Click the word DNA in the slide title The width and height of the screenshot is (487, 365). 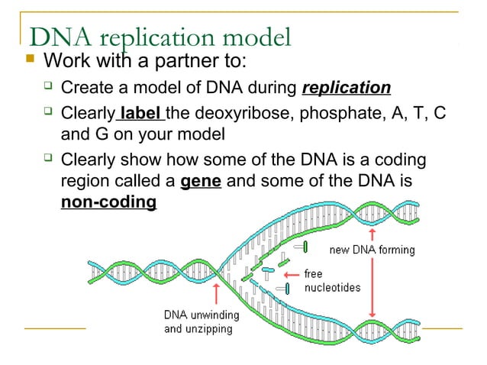56,36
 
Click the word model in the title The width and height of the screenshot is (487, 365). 255,36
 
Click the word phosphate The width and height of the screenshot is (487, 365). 341,115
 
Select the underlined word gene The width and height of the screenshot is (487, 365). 201,184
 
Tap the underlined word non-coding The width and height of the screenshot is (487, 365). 108,203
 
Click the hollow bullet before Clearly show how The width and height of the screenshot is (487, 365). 47,160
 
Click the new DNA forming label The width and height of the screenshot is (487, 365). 372,250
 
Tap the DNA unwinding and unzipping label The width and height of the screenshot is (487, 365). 202,322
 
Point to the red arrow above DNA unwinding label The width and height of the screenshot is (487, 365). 217,293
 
